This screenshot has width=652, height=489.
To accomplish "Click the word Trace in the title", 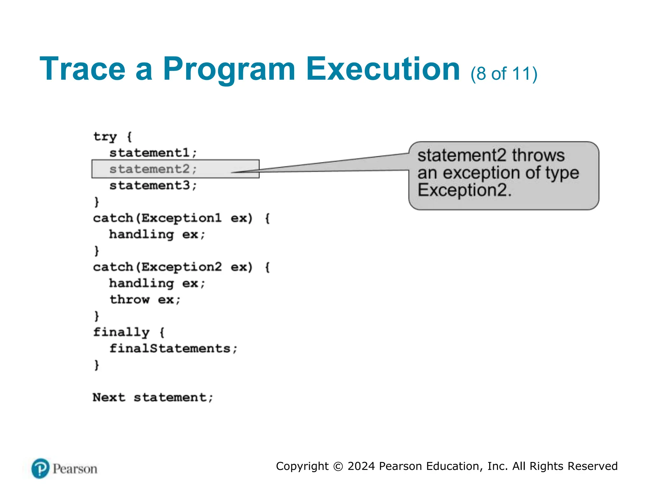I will pos(82,69).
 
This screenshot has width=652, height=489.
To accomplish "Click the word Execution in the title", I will pos(383,69).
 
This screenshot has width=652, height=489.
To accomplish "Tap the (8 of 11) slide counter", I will pos(504,74).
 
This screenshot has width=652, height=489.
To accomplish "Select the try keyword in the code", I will pos(105,137).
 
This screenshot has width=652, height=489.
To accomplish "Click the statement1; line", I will pos(153,153).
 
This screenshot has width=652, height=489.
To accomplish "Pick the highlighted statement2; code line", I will pos(153,169).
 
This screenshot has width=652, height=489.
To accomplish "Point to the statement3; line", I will pos(153,185).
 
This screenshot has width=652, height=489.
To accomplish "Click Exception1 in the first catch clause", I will pos(181,218).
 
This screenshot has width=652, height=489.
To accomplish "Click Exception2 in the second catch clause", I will pos(181,267).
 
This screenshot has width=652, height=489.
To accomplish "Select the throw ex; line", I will pos(145,300).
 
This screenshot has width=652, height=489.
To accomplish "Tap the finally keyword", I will pos(121,332).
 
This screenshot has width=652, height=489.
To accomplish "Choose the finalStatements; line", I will pos(173,349).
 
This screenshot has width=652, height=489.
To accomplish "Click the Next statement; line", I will pos(152,397).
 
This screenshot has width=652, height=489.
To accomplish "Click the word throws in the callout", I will pos(538,156).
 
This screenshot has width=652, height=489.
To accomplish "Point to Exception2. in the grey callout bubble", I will pos(464,190).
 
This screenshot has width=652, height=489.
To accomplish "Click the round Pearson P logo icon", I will pos(40,469).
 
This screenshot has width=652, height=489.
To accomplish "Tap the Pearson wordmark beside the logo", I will pos(75,469).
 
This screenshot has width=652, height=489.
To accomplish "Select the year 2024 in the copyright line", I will pos(361,466).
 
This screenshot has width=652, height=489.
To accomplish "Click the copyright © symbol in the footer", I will pos(338,466).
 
